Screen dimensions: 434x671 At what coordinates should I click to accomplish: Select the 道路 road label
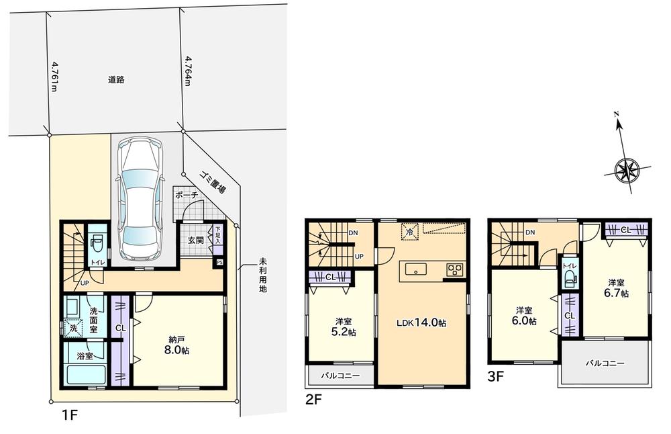coord(116,79)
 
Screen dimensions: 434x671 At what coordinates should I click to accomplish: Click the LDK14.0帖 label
coord(421,322)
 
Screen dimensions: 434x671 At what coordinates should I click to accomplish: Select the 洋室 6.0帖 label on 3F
coord(525,316)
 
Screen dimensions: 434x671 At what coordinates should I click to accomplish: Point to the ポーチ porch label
coord(186,196)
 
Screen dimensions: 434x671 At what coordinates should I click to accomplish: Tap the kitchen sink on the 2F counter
coord(416,271)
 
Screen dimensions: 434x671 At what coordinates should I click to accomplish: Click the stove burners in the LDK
coord(455,271)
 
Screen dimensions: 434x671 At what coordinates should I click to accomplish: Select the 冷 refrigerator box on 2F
coord(407,232)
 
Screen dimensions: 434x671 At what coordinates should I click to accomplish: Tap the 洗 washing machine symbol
coord(74,329)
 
